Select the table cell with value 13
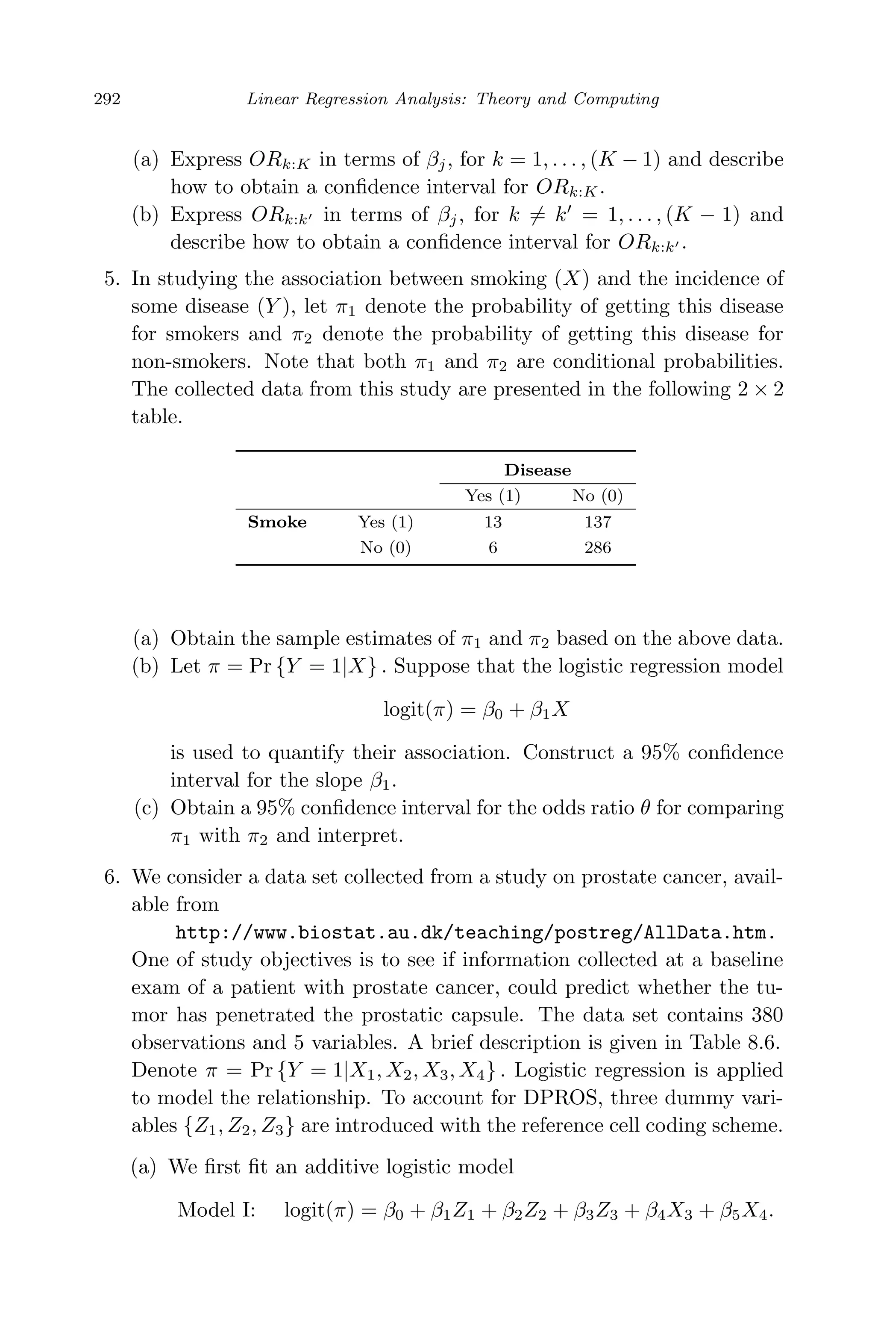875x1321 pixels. click(493, 522)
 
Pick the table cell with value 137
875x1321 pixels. click(598, 522)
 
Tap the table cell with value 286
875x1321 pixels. click(598, 548)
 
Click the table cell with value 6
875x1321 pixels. click(493, 548)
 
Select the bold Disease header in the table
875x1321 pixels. click(537, 470)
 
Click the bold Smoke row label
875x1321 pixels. click(277, 522)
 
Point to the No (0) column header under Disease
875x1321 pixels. click(597, 496)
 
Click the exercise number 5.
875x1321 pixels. click(111, 279)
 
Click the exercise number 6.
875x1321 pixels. click(111, 877)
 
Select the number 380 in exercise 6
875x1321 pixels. click(767, 1015)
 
